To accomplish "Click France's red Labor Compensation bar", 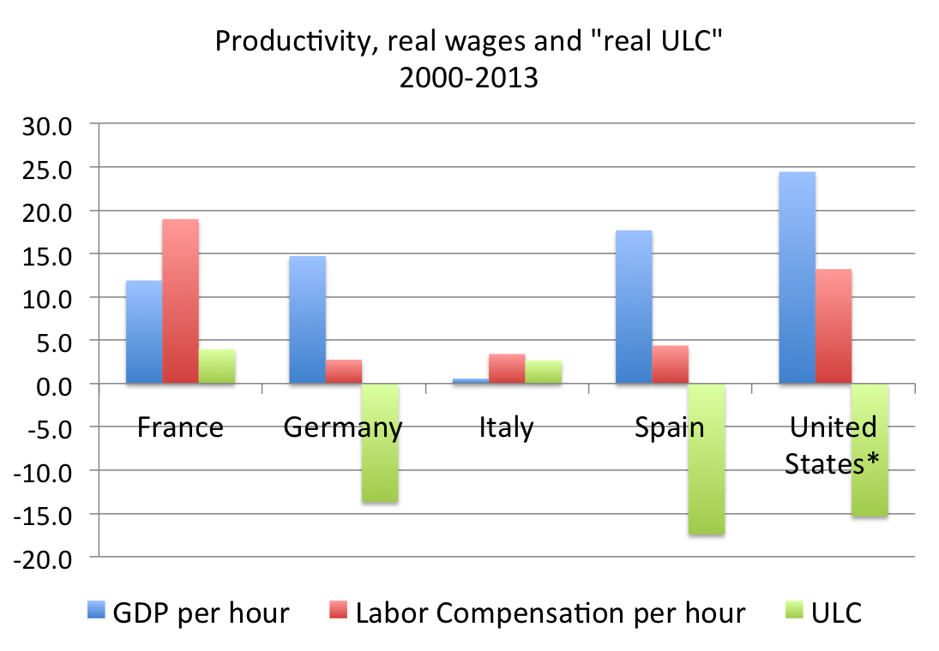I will [180, 302].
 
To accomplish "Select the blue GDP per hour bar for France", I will [144, 332].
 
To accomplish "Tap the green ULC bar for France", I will [216, 367].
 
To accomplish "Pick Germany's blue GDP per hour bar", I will [307, 320].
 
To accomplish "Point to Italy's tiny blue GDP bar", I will [471, 381].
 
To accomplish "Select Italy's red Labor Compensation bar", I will [507, 369].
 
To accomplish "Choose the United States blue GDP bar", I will [797, 278].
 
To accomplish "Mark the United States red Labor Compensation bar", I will [833, 326].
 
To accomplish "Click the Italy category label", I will [506, 427].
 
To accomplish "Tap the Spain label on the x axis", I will [669, 427].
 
